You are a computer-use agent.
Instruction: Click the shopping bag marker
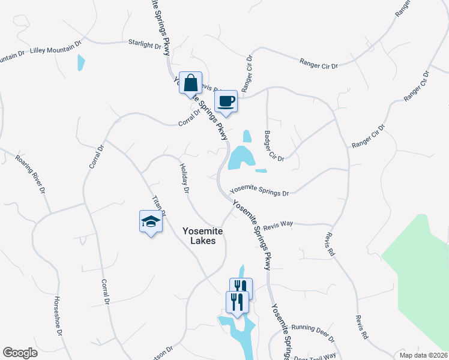190,84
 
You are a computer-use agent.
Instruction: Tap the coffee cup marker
226,101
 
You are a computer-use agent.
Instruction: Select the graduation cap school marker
151,222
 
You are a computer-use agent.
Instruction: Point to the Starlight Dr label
145,44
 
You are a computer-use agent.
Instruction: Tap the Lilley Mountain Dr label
55,48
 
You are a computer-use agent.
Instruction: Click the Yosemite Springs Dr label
260,190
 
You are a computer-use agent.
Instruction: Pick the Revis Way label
277,223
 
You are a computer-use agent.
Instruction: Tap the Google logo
20,352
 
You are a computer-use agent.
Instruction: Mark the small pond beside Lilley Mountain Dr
80,62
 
